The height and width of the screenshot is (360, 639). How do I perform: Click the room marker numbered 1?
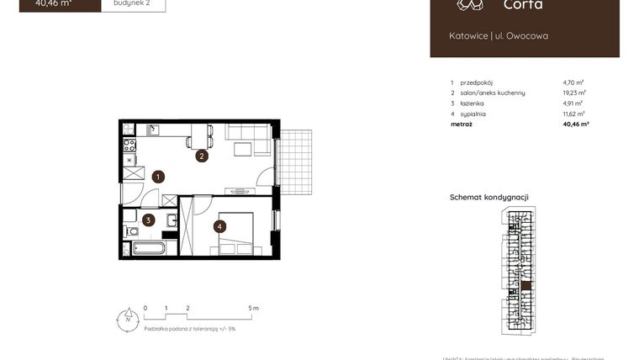click(x=158, y=177)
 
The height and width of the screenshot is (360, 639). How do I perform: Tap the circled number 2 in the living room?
click(x=202, y=156)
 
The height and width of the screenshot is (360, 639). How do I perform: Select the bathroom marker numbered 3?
click(x=148, y=220)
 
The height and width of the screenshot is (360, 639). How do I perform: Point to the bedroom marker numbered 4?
click(x=219, y=225)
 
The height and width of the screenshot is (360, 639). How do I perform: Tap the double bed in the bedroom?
click(x=236, y=234)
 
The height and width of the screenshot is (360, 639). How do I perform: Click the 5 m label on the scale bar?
click(x=255, y=309)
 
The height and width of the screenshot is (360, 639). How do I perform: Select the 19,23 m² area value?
click(x=574, y=93)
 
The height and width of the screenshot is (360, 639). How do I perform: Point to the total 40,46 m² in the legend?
click(x=575, y=124)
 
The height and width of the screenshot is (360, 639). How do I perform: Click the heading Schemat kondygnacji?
click(x=489, y=198)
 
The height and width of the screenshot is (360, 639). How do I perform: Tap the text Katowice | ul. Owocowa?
click(x=499, y=36)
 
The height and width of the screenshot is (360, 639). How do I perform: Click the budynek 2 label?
click(x=133, y=3)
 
